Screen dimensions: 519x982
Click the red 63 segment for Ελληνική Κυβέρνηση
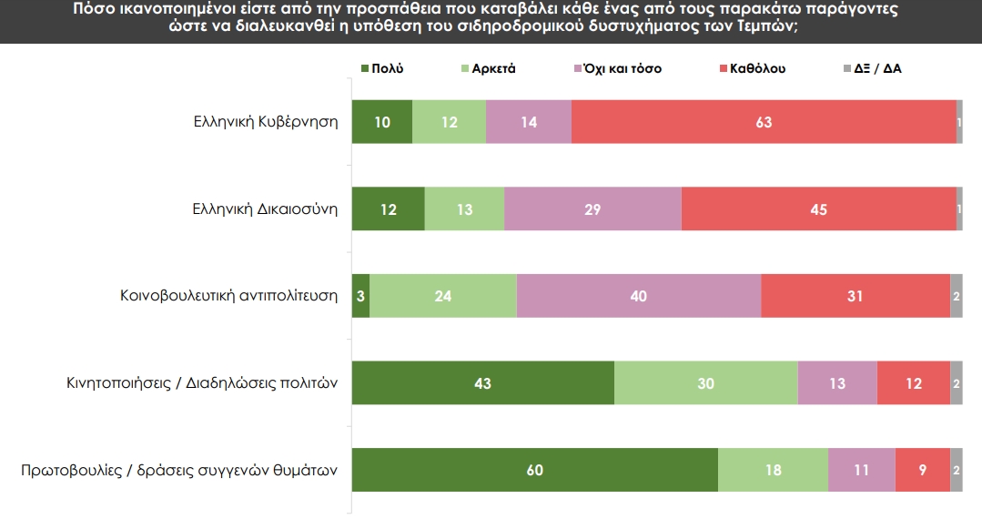[764, 122]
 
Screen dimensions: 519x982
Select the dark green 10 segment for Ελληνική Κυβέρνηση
[382, 122]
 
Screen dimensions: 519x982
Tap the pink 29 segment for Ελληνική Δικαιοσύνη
[592, 209]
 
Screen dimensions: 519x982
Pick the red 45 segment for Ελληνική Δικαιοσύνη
[818, 209]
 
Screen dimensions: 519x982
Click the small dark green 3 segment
[361, 296]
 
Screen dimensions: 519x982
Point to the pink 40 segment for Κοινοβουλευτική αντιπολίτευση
[639, 296]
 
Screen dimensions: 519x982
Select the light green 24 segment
[443, 296]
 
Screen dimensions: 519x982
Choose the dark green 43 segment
[483, 383]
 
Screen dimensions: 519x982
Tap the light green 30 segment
[706, 383]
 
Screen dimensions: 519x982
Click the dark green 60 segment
[535, 470]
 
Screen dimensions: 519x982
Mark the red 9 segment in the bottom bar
[923, 470]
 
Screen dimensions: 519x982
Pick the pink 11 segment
[862, 470]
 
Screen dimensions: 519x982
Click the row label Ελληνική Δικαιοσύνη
[265, 209]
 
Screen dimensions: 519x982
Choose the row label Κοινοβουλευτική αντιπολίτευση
[229, 296]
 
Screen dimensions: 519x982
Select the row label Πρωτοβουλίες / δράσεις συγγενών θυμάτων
[179, 471]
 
